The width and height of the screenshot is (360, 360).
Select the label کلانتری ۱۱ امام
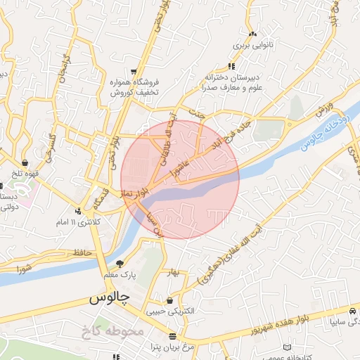(x=79, y=222)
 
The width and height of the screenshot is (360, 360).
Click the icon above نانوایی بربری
(x=252, y=33)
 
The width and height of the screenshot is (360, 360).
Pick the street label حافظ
(x=82, y=252)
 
